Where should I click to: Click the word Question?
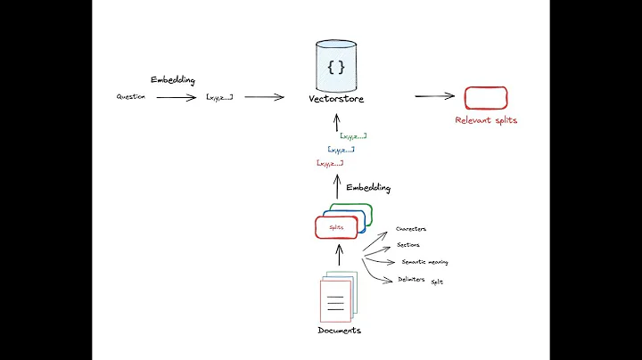pyautogui.click(x=131, y=96)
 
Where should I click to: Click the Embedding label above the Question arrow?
pyautogui.click(x=172, y=80)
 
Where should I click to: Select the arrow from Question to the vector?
pyautogui.click(x=176, y=97)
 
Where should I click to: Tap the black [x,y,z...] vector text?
pyautogui.click(x=218, y=96)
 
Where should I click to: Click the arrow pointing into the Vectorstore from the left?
pyautogui.click(x=264, y=97)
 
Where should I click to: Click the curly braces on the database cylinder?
pyautogui.click(x=336, y=67)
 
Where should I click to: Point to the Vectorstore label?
pyautogui.click(x=336, y=98)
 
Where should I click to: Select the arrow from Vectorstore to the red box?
pyautogui.click(x=434, y=96)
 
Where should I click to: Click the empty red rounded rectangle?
pyautogui.click(x=485, y=97)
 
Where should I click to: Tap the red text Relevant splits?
pyautogui.click(x=486, y=120)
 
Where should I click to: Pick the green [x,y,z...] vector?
pyautogui.click(x=353, y=136)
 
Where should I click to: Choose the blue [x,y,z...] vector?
pyautogui.click(x=341, y=150)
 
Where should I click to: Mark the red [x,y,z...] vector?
pyautogui.click(x=329, y=164)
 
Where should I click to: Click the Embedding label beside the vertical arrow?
pyautogui.click(x=368, y=189)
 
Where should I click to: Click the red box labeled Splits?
pyautogui.click(x=336, y=227)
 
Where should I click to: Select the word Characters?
pyautogui.click(x=411, y=229)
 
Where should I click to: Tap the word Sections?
pyautogui.click(x=408, y=245)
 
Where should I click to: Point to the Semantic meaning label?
pyautogui.click(x=424, y=262)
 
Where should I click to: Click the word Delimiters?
pyautogui.click(x=411, y=280)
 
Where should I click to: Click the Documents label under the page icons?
pyautogui.click(x=339, y=331)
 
